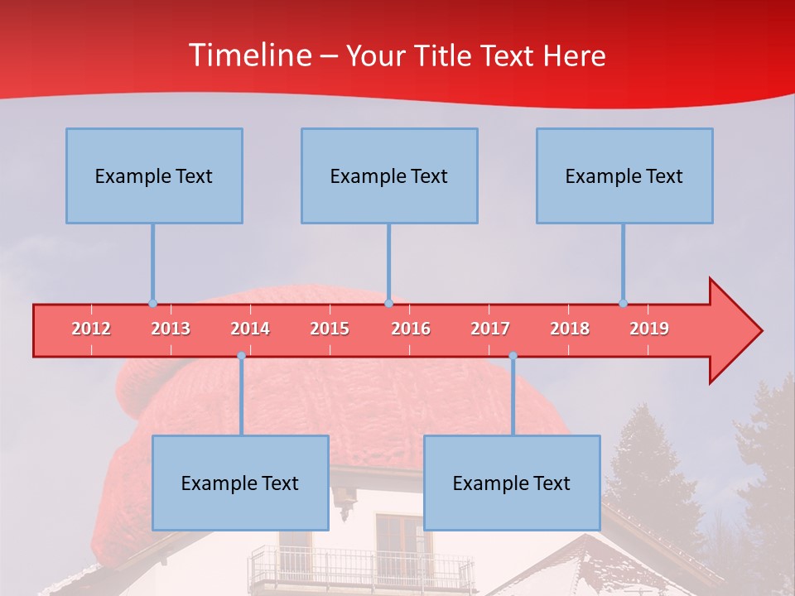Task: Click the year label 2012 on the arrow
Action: click(x=91, y=329)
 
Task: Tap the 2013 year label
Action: click(x=171, y=329)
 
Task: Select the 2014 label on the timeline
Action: click(x=250, y=329)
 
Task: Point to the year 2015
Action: click(x=330, y=329)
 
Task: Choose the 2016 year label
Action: click(x=411, y=329)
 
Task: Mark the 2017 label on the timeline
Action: click(x=490, y=329)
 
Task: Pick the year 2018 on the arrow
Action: click(x=570, y=329)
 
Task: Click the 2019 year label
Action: click(x=649, y=329)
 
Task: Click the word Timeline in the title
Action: click(x=248, y=55)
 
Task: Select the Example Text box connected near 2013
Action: click(x=154, y=175)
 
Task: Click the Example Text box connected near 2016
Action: click(x=389, y=175)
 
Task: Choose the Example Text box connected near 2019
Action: click(x=624, y=175)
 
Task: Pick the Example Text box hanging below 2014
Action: click(x=240, y=483)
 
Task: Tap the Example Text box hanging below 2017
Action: click(x=512, y=483)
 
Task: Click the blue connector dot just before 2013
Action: click(x=152, y=303)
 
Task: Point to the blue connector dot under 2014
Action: click(x=241, y=356)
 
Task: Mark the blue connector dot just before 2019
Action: click(x=623, y=303)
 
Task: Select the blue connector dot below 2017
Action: click(x=513, y=356)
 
